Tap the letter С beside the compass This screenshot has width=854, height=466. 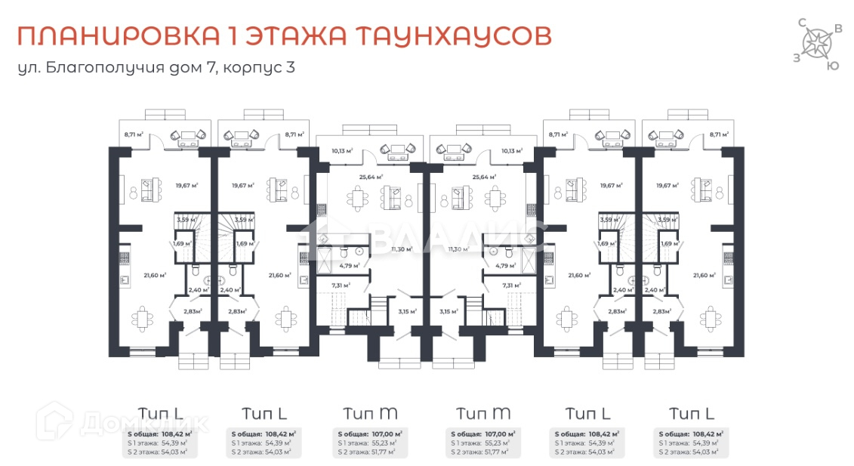pos(802,23)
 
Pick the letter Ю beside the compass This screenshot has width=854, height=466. pos(832,66)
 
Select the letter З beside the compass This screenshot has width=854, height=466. pos(797,57)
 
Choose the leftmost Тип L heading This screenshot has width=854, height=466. pos(160,412)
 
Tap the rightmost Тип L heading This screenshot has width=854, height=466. pos(691,412)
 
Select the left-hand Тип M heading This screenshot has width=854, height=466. pos(370,413)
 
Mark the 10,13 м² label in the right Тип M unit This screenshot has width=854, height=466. pos(511,150)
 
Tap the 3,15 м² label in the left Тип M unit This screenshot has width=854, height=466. pos(406,310)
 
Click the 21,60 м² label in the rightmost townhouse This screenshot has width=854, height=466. pos(704,276)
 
